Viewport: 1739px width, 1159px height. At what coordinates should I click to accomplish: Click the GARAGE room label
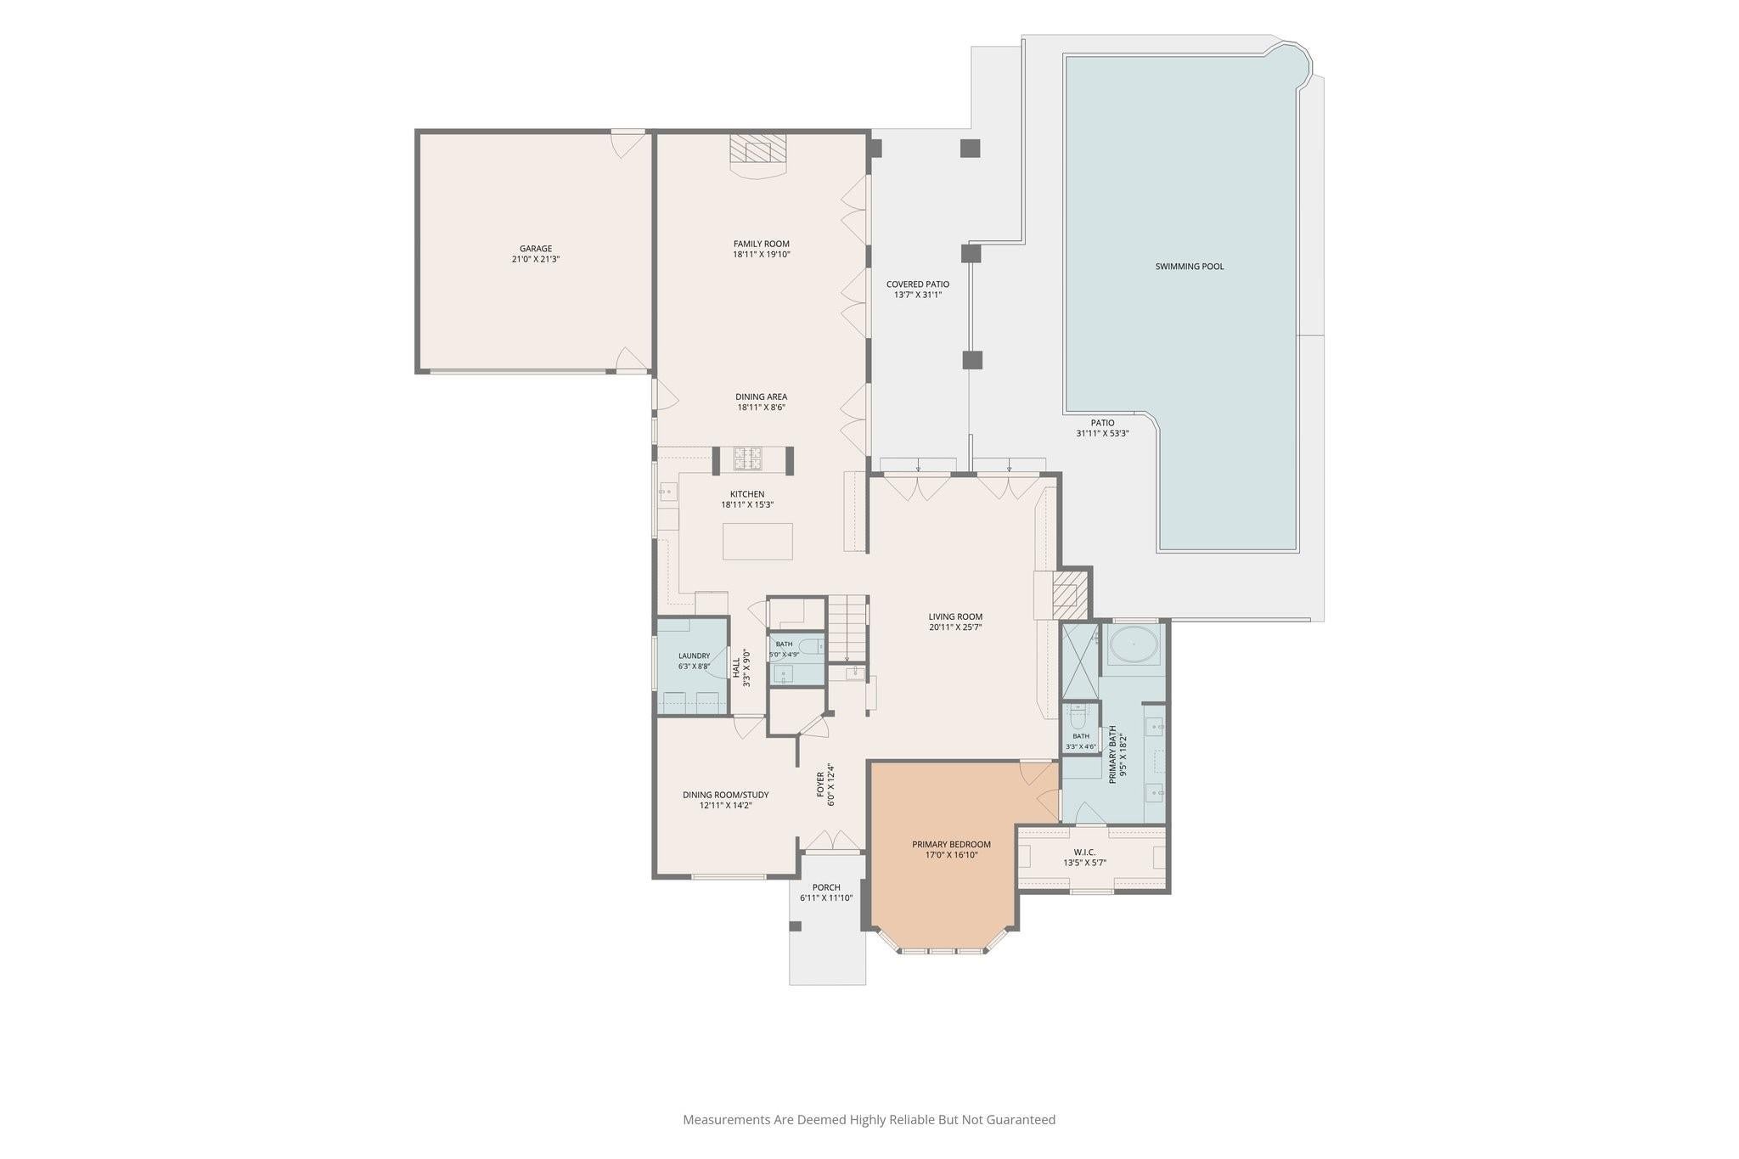click(535, 249)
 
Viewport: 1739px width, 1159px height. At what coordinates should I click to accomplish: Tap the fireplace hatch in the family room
click(758, 149)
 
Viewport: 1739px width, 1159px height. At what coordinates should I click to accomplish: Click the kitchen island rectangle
click(757, 542)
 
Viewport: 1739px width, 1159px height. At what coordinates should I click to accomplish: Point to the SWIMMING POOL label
click(1190, 267)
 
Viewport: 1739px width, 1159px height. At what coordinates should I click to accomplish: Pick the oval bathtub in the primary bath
click(1133, 646)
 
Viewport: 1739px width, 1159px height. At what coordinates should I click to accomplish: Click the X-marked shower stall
click(1078, 661)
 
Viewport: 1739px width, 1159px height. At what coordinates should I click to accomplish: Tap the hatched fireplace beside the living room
click(1069, 594)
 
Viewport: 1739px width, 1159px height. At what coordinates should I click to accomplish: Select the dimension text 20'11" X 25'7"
click(955, 627)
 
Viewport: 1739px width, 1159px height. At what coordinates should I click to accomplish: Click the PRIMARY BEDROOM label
click(951, 844)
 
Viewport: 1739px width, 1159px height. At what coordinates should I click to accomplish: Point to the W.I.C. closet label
click(1084, 852)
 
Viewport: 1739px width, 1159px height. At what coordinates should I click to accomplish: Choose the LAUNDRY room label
click(694, 656)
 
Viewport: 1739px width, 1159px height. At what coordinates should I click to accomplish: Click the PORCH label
click(826, 887)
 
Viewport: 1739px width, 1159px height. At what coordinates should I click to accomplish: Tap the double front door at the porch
click(832, 841)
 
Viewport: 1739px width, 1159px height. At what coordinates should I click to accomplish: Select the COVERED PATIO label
click(918, 284)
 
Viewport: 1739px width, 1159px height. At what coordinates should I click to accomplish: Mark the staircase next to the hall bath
click(848, 628)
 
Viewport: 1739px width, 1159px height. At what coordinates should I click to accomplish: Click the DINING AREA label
click(761, 397)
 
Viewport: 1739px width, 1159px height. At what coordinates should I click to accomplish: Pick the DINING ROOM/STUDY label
click(725, 795)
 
